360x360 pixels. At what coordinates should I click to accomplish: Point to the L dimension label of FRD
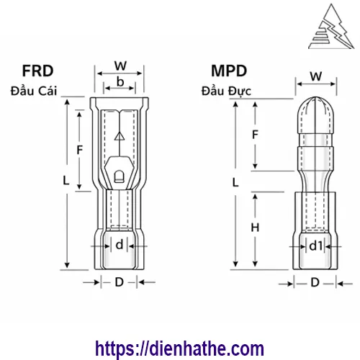pyautogui.click(x=66, y=183)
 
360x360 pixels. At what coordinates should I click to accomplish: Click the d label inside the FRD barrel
pyautogui.click(x=119, y=244)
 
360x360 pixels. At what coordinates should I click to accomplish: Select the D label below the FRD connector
pyautogui.click(x=119, y=282)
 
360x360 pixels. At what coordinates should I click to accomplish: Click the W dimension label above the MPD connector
pyautogui.click(x=315, y=76)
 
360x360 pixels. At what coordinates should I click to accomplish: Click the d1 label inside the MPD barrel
pyautogui.click(x=315, y=246)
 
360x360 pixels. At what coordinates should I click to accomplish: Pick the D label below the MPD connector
pyautogui.click(x=315, y=282)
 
